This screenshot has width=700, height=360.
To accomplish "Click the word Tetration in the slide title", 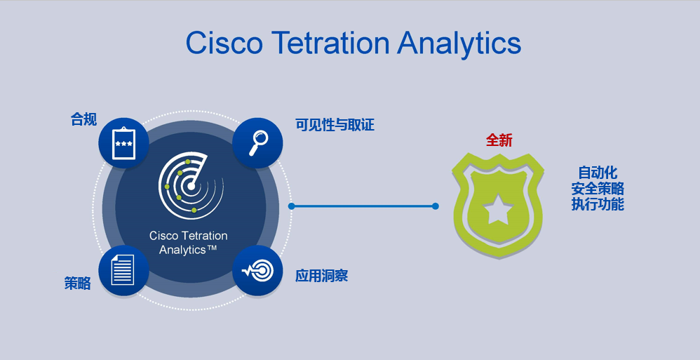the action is tap(330, 43).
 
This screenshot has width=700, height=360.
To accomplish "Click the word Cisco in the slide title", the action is tap(224, 43).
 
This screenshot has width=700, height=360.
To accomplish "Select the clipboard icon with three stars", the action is tap(123, 143).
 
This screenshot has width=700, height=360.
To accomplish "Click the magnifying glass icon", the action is tap(257, 143).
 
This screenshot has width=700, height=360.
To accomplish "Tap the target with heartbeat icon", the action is tap(257, 270).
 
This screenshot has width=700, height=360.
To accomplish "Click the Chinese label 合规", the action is tap(83, 119).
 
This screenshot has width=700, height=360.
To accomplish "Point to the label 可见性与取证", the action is tap(335, 125).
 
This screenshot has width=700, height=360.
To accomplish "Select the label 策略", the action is tap(77, 284).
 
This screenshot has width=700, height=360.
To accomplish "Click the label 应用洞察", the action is tap(321, 276).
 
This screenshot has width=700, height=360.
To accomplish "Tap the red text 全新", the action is tap(499, 140).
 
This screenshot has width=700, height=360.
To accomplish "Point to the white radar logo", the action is tap(191, 185).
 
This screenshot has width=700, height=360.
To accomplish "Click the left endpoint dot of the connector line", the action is tap(292, 206).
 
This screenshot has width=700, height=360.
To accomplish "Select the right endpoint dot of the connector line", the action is tap(436, 206).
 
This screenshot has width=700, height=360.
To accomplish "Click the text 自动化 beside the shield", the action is tap(598, 173).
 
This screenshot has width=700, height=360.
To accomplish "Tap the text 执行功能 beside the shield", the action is tap(598, 204).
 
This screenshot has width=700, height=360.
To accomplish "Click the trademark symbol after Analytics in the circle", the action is tap(211, 247).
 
